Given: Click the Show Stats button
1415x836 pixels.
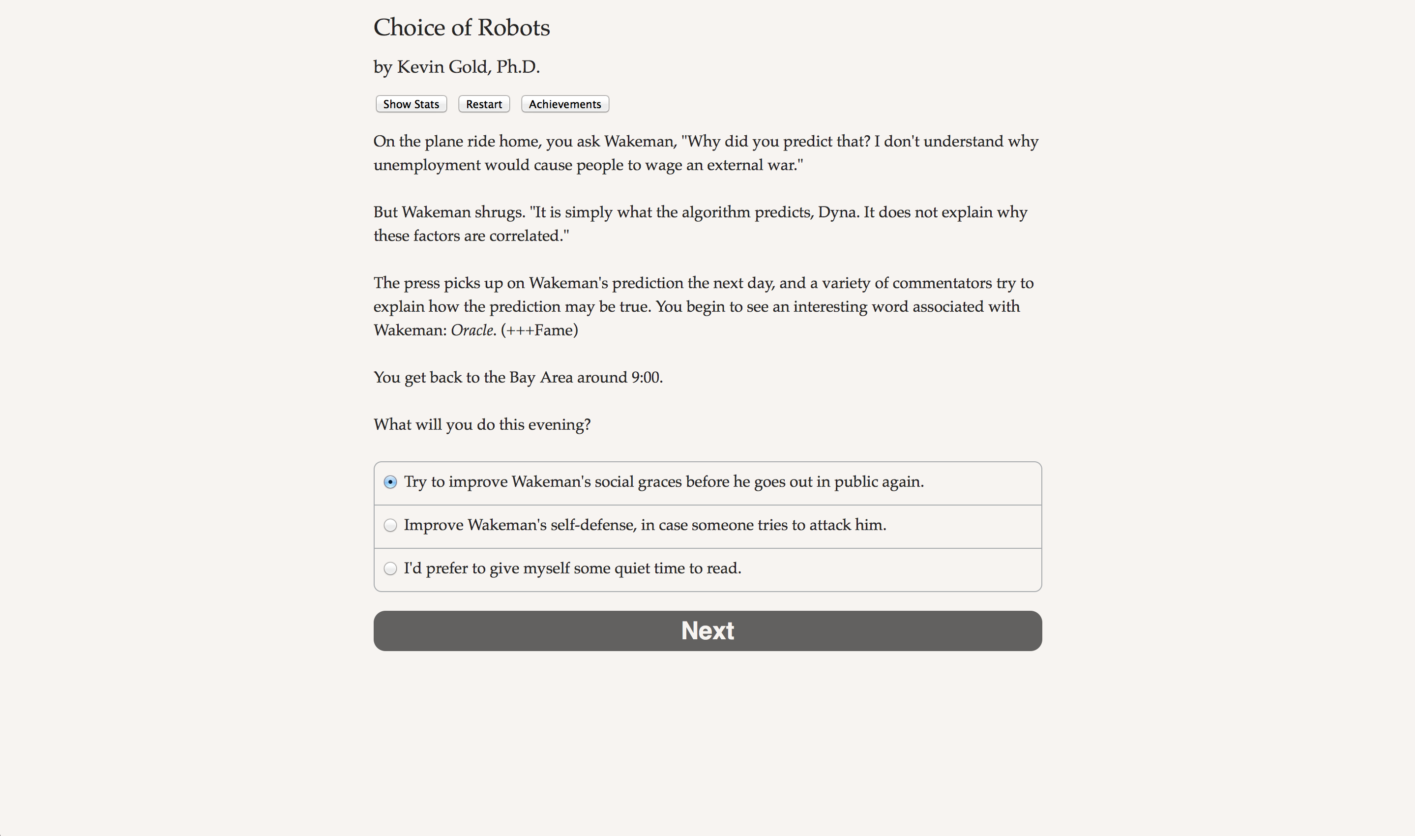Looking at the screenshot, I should click(411, 104).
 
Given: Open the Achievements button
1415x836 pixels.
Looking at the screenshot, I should click(565, 104).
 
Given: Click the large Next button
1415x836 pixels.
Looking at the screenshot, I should click(707, 630).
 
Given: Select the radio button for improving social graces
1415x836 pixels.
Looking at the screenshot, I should click(390, 482).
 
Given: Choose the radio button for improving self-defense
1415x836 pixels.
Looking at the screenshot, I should click(390, 525).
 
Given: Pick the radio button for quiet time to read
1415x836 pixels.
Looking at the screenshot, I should click(390, 568).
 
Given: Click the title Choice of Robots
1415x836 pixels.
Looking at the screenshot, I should click(461, 28).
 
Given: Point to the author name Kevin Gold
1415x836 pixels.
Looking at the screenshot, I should click(442, 67).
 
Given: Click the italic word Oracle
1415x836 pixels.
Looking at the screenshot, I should click(472, 330).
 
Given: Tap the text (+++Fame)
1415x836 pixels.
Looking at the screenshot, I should click(539, 330).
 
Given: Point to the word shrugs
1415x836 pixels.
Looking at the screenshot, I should click(499, 212).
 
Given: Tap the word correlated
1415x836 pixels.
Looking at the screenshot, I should click(528, 236).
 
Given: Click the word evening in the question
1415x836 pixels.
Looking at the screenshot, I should click(557, 425).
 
